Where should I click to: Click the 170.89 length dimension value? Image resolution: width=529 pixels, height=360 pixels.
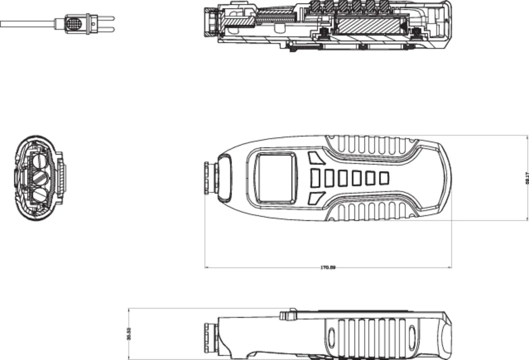coord(328,267)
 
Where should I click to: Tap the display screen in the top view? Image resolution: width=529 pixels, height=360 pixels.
coord(275,178)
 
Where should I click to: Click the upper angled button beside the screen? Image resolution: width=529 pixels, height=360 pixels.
coord(316,158)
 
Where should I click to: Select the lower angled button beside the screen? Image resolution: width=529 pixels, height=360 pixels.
coord(316,198)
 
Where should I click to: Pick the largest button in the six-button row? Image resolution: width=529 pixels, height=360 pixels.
coord(315,178)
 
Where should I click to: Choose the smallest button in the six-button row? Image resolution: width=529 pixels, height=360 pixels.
coord(384,178)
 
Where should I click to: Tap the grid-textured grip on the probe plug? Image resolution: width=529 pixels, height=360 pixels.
coord(74,24)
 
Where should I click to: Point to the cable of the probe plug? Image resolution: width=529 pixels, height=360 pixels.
coord(26,24)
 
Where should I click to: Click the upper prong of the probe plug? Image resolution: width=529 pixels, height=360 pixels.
coord(106,20)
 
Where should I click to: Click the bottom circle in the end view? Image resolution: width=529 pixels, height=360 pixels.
coord(40,194)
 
